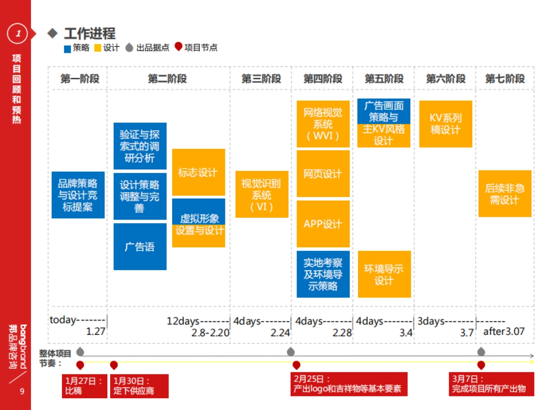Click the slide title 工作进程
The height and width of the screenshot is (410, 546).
(x=90, y=33)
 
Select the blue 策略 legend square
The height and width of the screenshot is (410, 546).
(x=67, y=48)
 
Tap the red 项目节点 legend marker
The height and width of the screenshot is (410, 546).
(x=178, y=47)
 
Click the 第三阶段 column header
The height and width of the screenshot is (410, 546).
(x=261, y=79)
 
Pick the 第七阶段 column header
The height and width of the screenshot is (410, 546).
(x=505, y=79)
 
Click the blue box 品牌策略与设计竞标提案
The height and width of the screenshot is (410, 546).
(x=78, y=195)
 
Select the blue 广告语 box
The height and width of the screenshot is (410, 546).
(x=140, y=246)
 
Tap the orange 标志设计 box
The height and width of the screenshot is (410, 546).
(x=198, y=172)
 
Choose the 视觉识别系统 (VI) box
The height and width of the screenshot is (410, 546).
(x=262, y=194)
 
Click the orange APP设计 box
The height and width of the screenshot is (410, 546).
(x=323, y=224)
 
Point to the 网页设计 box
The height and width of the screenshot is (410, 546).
(x=323, y=174)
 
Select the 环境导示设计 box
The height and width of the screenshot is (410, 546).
(x=384, y=274)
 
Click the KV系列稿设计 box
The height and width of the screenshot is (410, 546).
(x=445, y=124)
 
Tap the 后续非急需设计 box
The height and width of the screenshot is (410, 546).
(x=505, y=194)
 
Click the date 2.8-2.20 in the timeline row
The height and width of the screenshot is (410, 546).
(x=210, y=333)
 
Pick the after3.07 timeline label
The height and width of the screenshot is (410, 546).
(x=504, y=331)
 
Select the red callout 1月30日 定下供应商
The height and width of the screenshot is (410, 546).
(x=139, y=386)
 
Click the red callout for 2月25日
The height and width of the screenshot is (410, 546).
(x=349, y=384)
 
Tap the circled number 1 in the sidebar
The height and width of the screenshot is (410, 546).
(x=18, y=33)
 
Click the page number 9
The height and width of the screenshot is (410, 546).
(x=21, y=391)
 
